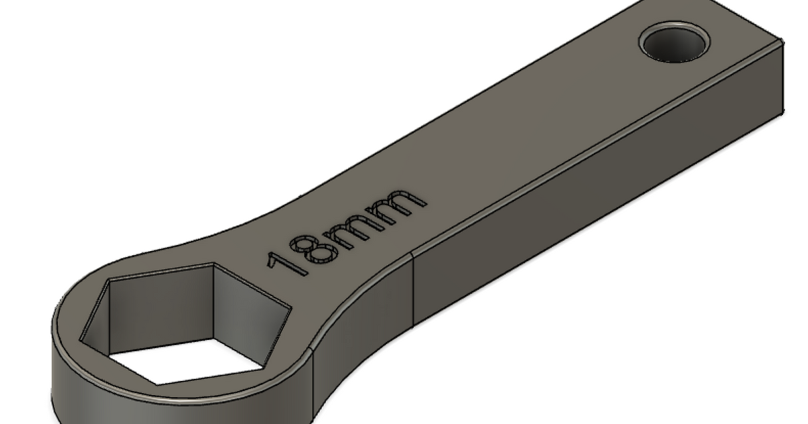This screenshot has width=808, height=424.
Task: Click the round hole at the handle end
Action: pyautogui.click(x=674, y=44)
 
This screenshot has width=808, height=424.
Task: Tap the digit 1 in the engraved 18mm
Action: pyautogui.click(x=283, y=262)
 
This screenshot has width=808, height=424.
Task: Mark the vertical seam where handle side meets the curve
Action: pyautogui.click(x=411, y=289)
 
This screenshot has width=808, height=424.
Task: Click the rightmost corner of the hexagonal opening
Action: pyautogui.click(x=291, y=310)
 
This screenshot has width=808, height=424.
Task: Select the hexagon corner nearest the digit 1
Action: pyautogui.click(x=214, y=264)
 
